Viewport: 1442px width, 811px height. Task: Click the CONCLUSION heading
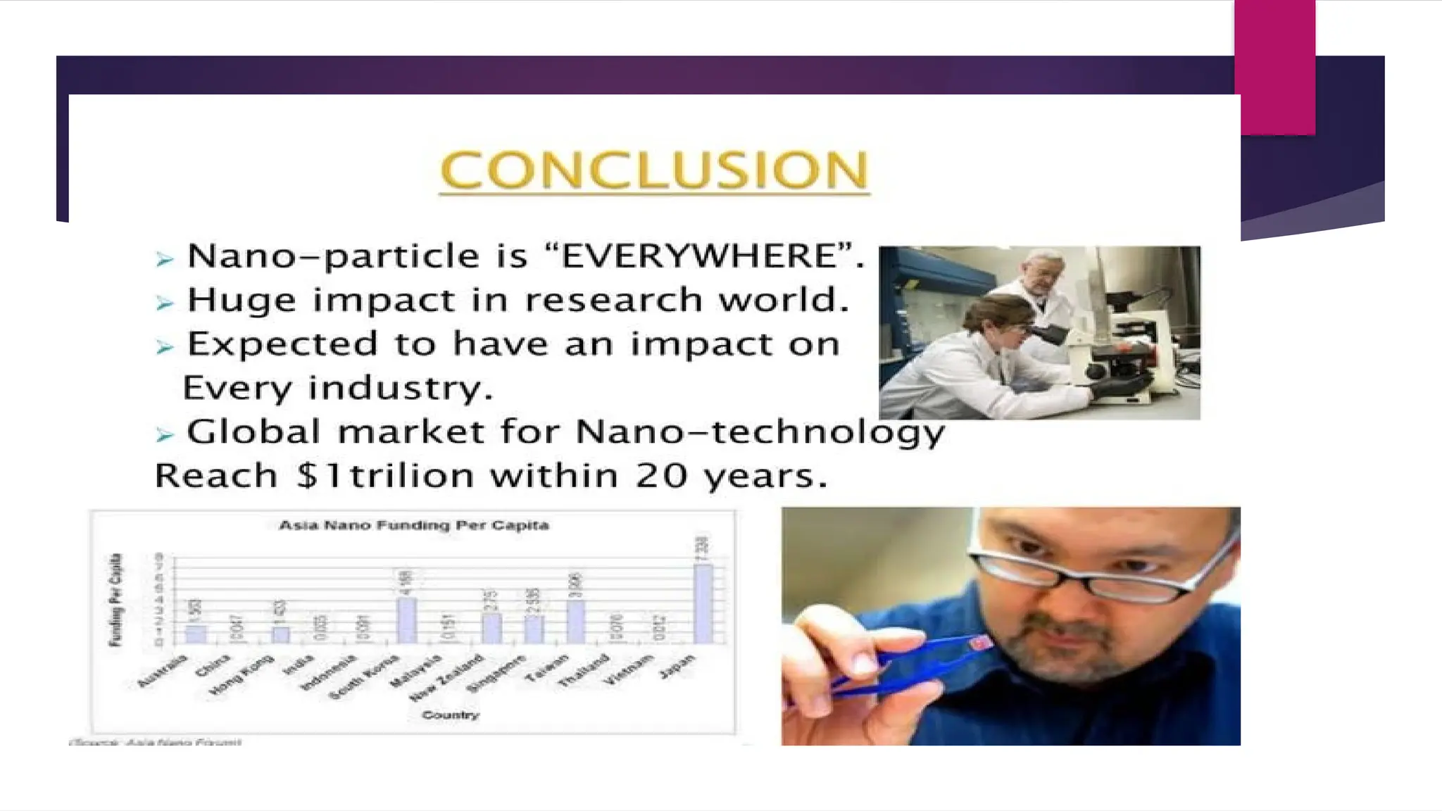click(654, 170)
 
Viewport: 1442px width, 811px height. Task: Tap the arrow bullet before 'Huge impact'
click(164, 303)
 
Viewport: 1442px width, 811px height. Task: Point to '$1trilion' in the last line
click(384, 476)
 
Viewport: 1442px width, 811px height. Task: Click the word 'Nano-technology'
click(760, 432)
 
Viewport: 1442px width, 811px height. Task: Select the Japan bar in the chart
click(703, 604)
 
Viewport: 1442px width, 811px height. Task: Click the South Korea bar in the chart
click(406, 620)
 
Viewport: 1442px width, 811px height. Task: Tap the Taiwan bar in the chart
click(575, 622)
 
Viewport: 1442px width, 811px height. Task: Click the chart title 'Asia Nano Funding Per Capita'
click(414, 525)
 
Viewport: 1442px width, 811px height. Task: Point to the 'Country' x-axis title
click(451, 715)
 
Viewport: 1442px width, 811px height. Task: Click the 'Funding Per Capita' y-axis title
click(115, 600)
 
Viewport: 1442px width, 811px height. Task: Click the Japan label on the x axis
click(677, 666)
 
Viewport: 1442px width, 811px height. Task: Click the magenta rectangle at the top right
click(1274, 67)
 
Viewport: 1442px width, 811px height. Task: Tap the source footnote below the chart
click(156, 742)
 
